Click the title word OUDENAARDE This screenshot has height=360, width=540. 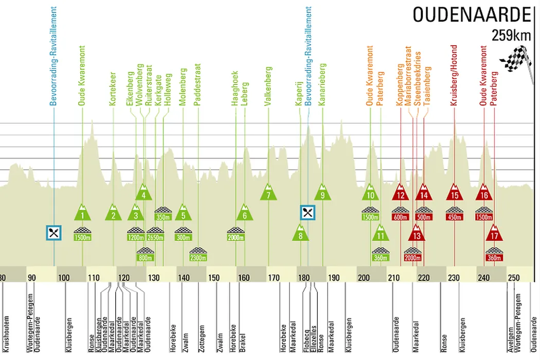click(x=471, y=15)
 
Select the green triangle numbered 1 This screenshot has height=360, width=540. click(x=82, y=212)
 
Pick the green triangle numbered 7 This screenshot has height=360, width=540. click(x=268, y=193)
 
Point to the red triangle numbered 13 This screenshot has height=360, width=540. click(x=417, y=234)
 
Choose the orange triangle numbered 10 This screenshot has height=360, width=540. click(x=370, y=193)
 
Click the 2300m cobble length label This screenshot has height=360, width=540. click(x=199, y=257)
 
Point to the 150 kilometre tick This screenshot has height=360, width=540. click(x=214, y=278)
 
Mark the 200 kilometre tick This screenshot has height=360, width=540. click(x=364, y=278)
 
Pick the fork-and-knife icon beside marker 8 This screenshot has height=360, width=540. click(x=308, y=212)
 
